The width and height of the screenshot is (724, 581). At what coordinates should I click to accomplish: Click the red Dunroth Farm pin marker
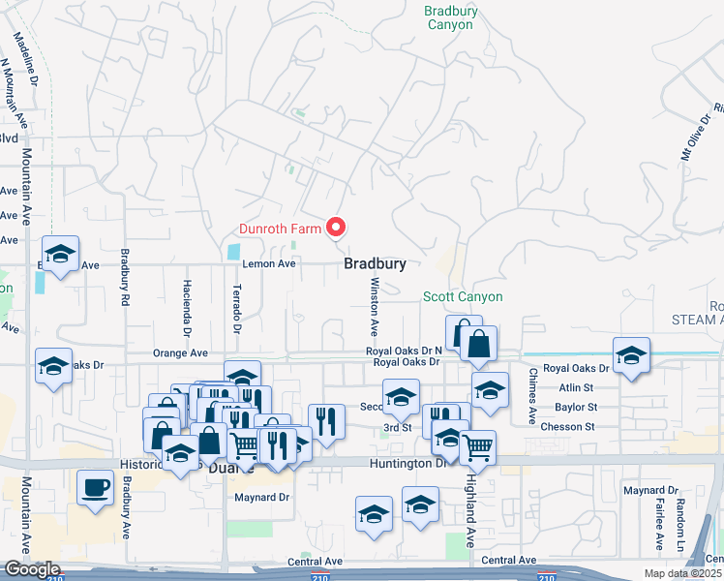[x=336, y=228]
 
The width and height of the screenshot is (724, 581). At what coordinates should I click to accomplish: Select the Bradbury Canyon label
[x=450, y=17]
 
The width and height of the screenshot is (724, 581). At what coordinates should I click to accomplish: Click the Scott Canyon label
[x=463, y=297]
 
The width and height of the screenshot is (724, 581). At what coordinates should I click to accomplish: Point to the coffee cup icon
[x=95, y=488]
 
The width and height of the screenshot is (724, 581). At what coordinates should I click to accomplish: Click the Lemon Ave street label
[x=268, y=263]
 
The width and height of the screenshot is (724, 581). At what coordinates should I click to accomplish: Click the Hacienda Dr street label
[x=188, y=304]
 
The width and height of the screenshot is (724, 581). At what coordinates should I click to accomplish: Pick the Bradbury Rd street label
[x=125, y=279]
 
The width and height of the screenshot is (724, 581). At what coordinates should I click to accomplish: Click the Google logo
[x=31, y=570]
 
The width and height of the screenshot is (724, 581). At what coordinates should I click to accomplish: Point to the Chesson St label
[x=569, y=426]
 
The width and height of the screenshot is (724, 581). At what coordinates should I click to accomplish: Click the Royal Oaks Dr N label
[x=404, y=351]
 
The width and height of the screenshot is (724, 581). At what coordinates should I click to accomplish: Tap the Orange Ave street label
[x=179, y=353]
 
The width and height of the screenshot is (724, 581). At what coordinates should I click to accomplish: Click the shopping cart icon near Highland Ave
[x=478, y=448]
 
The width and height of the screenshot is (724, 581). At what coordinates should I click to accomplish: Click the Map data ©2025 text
[x=683, y=573]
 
